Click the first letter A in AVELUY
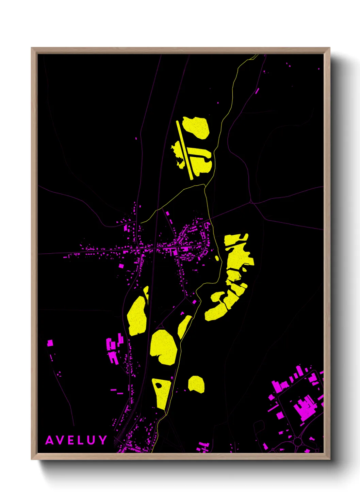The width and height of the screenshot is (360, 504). (50, 440)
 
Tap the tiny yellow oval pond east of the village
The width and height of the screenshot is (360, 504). (217, 258)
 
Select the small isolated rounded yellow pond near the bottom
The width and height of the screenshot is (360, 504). (197, 384)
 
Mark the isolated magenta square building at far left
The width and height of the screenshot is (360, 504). (50, 343)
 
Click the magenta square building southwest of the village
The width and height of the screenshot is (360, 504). (121, 266)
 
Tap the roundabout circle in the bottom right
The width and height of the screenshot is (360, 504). (298, 442)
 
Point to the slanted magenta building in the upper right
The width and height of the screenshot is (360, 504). (257, 91)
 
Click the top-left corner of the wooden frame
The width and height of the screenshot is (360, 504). (32, 48)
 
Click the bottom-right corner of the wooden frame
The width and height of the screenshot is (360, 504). (329, 459)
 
